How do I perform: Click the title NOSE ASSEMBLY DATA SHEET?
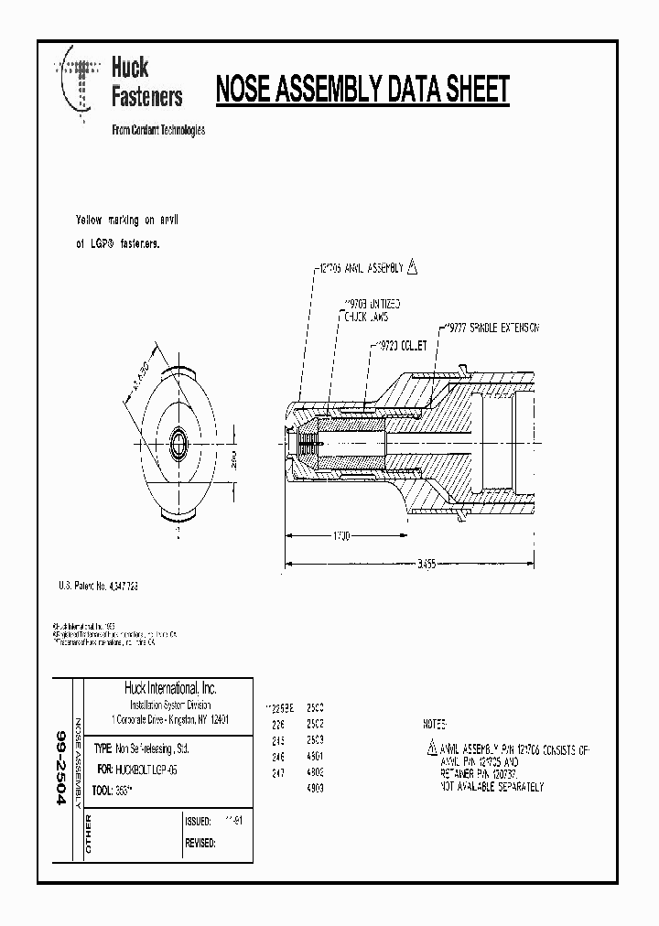pos(362,90)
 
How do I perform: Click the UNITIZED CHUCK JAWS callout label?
pos(370,309)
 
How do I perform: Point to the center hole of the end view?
pos(178,444)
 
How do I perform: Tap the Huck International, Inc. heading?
pos(169,688)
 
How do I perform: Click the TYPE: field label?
pos(103,748)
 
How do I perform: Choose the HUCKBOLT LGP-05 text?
pos(147,770)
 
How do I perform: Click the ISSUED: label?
pos(199,821)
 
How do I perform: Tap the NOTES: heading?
pos(437,723)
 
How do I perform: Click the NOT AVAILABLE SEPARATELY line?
pos(492,786)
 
